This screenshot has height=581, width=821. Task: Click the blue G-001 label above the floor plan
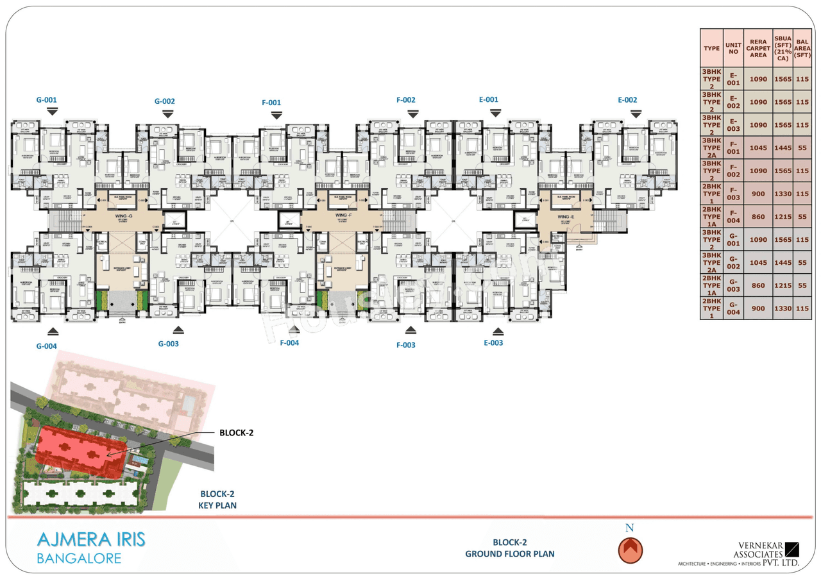47,100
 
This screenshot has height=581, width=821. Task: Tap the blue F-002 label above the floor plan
406,100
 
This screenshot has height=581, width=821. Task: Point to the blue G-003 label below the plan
169,344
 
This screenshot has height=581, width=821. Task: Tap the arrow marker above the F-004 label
294,330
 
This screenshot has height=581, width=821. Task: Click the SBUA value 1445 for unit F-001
782,148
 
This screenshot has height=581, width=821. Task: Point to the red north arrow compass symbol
630,550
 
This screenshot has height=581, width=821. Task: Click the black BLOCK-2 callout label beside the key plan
237,432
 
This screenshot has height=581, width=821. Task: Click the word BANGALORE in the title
79,558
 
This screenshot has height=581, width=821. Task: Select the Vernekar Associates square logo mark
793,550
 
